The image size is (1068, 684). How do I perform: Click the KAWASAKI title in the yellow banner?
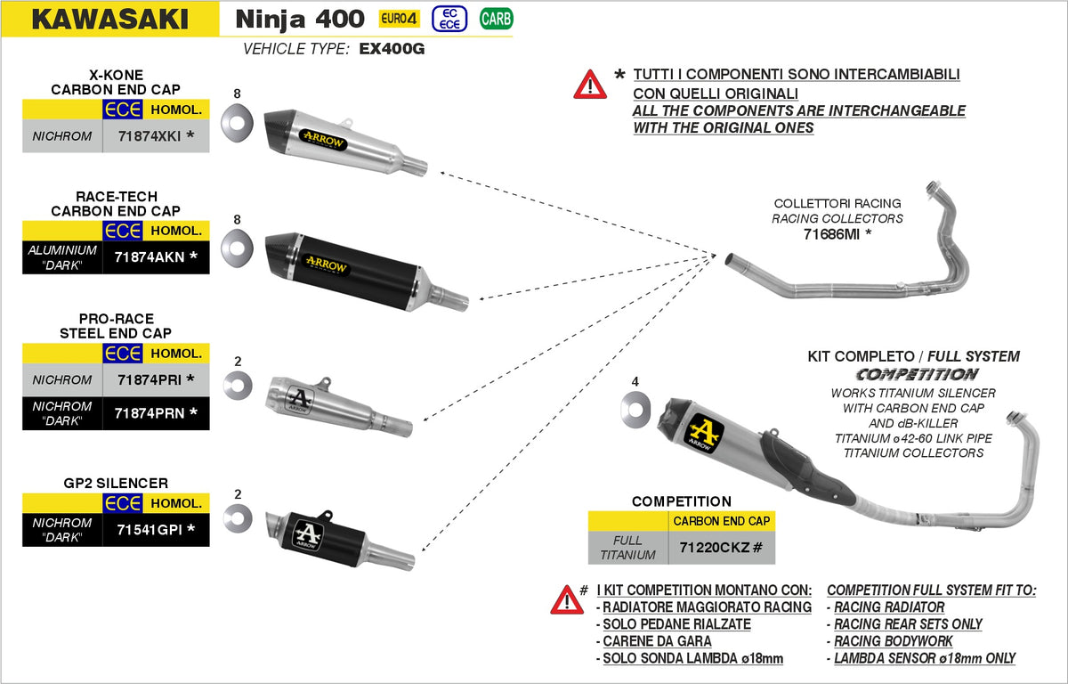pos(109,19)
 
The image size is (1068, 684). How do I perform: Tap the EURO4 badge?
pos(400,19)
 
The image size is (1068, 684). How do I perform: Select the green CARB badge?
pos(496,19)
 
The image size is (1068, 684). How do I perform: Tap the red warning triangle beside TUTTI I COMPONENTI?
pos(590,84)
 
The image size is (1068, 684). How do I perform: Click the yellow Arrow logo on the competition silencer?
pos(703,434)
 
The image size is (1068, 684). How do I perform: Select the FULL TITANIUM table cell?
pos(627,547)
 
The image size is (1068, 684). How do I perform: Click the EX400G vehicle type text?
pos(392,49)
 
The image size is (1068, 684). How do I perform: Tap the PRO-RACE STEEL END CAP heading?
pos(116,326)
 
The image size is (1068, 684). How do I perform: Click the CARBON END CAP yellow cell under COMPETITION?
pos(721,520)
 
